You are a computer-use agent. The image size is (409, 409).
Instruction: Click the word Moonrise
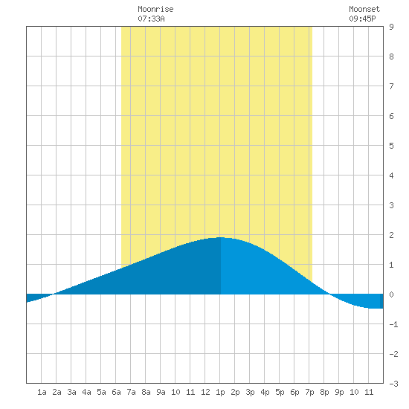155,9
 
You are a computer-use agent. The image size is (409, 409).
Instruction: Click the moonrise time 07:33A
151,19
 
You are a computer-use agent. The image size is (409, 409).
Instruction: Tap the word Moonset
364,9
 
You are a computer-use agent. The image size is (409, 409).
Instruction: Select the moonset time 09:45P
363,19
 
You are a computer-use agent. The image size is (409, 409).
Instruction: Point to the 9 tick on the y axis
391,27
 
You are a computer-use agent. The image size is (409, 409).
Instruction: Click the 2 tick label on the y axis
391,235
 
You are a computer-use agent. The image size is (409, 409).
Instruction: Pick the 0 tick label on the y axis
391,294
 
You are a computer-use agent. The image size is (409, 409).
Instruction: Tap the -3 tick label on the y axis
393,384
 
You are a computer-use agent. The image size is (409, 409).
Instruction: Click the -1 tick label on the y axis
393,324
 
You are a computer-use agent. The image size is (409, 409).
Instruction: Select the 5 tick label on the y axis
391,146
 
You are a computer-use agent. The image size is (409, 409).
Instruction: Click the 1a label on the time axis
42,392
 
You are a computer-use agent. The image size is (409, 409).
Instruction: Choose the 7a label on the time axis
131,392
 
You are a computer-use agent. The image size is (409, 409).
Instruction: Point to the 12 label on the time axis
205,392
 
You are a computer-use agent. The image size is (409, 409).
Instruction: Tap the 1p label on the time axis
220,393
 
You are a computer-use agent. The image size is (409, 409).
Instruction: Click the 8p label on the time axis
324,393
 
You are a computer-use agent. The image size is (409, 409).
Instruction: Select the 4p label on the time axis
265,393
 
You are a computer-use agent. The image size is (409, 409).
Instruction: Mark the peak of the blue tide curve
221,237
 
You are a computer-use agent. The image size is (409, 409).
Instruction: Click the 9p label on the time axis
339,393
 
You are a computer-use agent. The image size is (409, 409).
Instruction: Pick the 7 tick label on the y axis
391,86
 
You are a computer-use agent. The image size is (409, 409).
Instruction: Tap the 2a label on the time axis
57,392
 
